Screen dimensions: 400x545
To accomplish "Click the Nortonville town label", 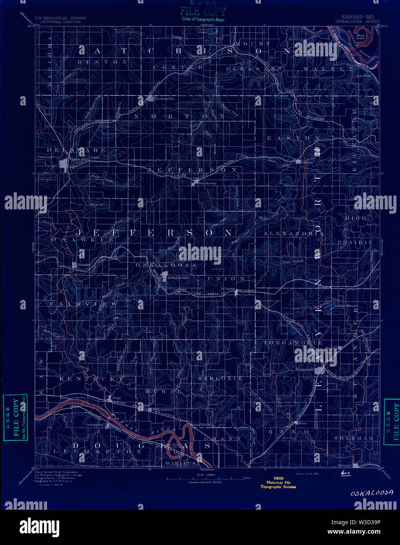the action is click(165, 99).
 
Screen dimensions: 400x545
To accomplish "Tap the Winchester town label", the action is click(207, 183).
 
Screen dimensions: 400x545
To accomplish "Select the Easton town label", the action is click(307, 162).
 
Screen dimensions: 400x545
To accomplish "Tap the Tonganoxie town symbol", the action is click(321, 370).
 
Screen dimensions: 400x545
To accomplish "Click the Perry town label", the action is click(116, 398).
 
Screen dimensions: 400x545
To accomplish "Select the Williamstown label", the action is click(163, 410).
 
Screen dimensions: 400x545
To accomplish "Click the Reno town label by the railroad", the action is click(302, 423).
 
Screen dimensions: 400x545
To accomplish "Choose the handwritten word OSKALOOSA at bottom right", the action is click(372, 492).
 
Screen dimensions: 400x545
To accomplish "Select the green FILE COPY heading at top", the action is click(203, 11).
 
